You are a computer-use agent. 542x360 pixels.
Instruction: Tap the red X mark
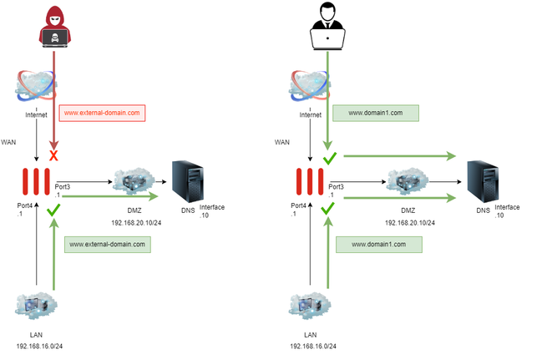coord(54,156)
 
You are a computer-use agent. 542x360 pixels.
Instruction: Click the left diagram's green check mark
coord(54,215)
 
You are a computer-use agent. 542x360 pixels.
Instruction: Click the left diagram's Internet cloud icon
coord(36,86)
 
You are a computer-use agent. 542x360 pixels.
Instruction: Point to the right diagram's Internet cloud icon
coord(310,86)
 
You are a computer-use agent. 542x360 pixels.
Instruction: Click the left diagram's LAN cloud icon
coord(36,307)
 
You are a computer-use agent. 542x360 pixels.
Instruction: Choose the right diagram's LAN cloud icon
coord(310,307)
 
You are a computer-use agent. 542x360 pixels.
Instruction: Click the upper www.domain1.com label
coord(375,112)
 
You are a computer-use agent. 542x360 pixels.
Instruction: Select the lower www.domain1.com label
coord(378,245)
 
